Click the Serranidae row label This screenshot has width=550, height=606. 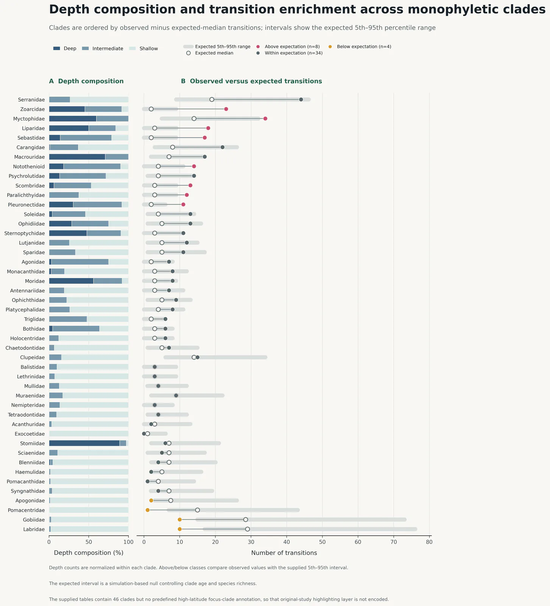[x=31, y=100]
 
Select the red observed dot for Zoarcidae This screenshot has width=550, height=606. [x=226, y=109]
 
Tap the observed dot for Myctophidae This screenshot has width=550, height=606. [x=265, y=119]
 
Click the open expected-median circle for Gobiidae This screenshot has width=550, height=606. [x=246, y=520]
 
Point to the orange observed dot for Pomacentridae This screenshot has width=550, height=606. [x=148, y=510]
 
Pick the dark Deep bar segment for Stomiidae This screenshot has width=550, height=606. [x=84, y=443]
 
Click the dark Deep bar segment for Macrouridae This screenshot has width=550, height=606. [x=77, y=157]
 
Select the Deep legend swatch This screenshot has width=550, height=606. [x=57, y=48]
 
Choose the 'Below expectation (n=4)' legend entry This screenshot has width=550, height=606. [x=360, y=47]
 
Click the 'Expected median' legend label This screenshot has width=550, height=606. [x=214, y=53]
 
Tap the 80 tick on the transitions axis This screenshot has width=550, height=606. [x=429, y=542]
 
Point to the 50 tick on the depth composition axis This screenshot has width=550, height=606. [x=89, y=542]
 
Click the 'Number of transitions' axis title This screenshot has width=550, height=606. [x=284, y=553]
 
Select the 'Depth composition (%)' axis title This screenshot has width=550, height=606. [x=89, y=553]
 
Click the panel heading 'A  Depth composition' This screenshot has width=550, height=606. [x=86, y=81]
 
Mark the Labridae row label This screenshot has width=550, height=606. [x=34, y=529]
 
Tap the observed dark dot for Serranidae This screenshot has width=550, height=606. [x=301, y=100]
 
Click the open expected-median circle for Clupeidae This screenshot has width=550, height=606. [x=194, y=357]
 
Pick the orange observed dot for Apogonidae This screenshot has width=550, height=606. [x=151, y=500]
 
